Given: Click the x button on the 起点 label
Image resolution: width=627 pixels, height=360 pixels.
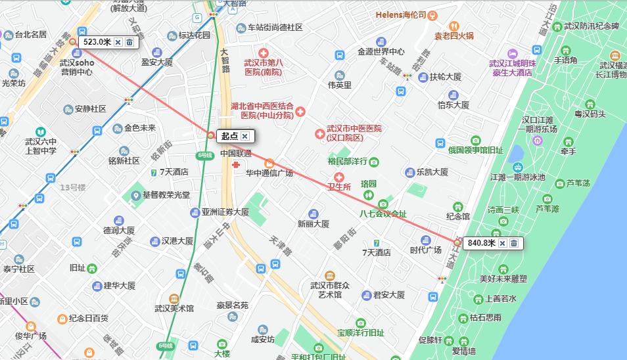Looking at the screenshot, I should coord(244,136).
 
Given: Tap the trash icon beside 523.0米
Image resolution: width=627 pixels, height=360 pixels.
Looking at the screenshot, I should coord(129,42).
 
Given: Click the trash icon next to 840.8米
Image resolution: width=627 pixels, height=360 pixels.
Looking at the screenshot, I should coord(514,243).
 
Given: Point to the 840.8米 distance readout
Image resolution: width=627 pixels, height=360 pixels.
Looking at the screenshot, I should coord(480,243).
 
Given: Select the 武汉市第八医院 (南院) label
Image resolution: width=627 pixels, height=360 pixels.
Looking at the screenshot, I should coord(262,67).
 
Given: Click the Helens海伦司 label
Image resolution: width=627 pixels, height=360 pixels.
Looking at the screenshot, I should coord(401,14).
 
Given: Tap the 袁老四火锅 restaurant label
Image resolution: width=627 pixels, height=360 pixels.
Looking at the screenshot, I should coord(454,35).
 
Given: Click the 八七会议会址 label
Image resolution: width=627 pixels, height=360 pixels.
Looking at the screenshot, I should coord(383,214).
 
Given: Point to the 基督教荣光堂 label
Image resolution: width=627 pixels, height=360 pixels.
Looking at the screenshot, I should coord(166,195).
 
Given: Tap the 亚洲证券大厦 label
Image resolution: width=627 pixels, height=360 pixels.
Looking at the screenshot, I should coord(225,212).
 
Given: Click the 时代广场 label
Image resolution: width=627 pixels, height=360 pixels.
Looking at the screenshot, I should coord(425,250).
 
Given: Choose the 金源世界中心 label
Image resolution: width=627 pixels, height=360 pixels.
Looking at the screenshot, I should coord(381,51).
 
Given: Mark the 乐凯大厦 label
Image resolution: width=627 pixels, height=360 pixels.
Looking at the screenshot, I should coord(432,172).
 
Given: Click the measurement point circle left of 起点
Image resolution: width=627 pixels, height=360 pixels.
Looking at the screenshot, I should coord(210,136).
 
